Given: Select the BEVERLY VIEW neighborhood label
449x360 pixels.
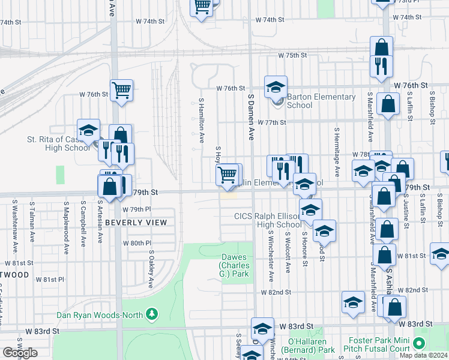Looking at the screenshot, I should (x=136, y=222).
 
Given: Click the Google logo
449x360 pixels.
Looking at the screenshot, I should (x=20, y=353).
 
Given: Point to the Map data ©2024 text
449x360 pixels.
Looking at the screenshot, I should (x=423, y=355).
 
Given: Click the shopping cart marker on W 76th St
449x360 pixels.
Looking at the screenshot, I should (x=122, y=90).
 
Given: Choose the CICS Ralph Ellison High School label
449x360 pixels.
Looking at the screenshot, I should (x=267, y=220).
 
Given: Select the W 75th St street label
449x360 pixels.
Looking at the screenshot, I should (x=292, y=55).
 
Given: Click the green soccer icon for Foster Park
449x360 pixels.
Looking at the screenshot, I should (x=419, y=344).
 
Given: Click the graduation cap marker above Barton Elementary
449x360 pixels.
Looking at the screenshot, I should (x=276, y=87).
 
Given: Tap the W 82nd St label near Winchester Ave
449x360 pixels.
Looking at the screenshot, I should (x=276, y=292).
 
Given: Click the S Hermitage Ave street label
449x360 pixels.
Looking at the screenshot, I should (x=337, y=151).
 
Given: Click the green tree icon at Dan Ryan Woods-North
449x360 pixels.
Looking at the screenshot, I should (x=152, y=314).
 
